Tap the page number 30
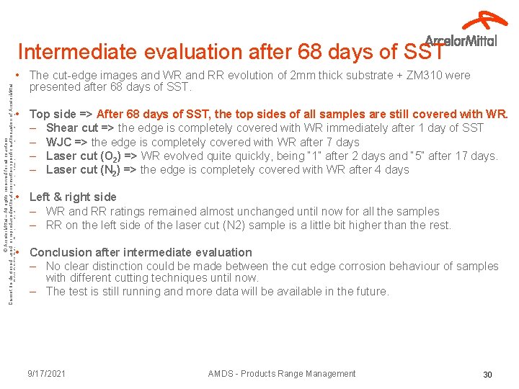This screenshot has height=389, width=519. [x=487, y=375]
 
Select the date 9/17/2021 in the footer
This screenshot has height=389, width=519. [x=47, y=374]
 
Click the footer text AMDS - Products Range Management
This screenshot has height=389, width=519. [x=281, y=374]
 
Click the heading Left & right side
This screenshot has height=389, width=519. [x=73, y=197]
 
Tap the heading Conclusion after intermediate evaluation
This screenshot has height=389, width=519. [x=141, y=252]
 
